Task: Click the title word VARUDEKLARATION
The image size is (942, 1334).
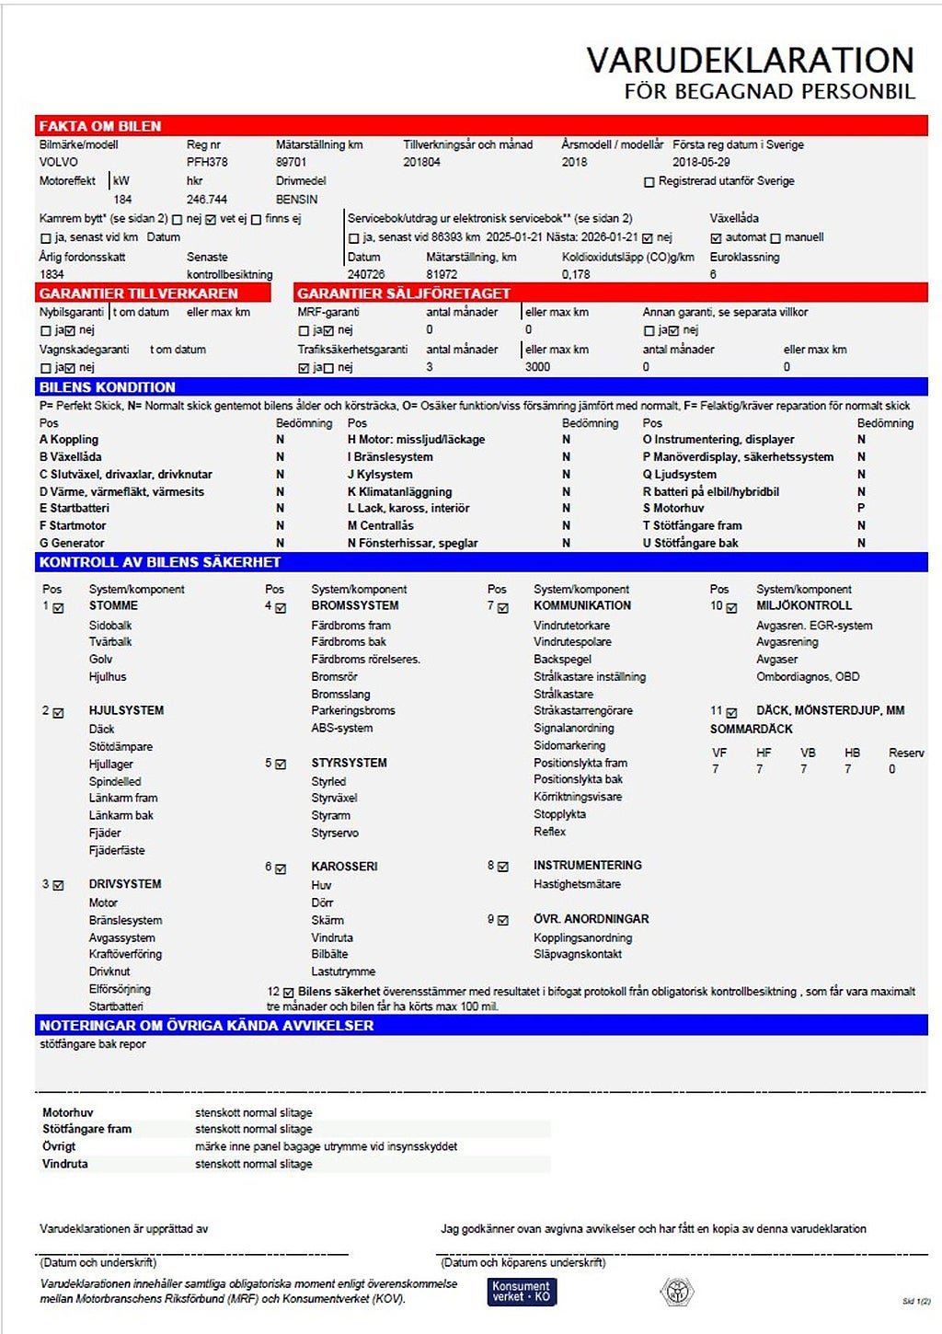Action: coord(750,61)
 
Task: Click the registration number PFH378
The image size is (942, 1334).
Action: coord(207,162)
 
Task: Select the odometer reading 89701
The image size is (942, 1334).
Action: coord(292,162)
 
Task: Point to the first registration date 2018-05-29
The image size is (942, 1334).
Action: coord(701,162)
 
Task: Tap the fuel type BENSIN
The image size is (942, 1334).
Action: coord(296,199)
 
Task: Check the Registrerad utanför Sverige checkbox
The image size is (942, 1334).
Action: coord(649,182)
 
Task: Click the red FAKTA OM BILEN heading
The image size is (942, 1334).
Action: coord(100,126)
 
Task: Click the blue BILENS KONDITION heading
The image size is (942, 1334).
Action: coord(107,387)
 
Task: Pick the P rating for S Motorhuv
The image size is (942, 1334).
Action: coord(861,508)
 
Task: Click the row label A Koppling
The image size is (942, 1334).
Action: coord(69,440)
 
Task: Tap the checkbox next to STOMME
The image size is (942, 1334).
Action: coord(59,608)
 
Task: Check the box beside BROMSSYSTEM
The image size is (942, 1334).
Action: coord(281,608)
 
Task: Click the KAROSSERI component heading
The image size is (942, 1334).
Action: coord(344,867)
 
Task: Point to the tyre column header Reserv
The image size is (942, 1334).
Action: coord(906,753)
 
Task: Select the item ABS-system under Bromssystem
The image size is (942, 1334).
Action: coord(342,728)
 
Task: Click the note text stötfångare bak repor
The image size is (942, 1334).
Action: coord(93,1044)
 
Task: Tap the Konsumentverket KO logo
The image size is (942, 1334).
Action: coord(522,1292)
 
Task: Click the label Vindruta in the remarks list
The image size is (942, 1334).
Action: coord(65,1164)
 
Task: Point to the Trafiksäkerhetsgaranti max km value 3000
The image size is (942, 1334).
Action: coord(537,367)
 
